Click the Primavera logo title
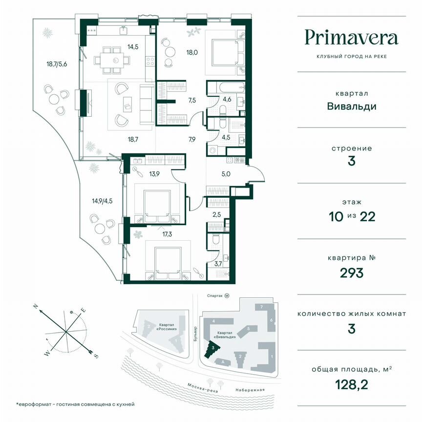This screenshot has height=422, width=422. (351, 37)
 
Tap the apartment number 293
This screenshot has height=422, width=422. (351, 273)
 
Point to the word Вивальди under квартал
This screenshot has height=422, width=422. (351, 106)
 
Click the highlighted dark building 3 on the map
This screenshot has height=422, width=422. (213, 349)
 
